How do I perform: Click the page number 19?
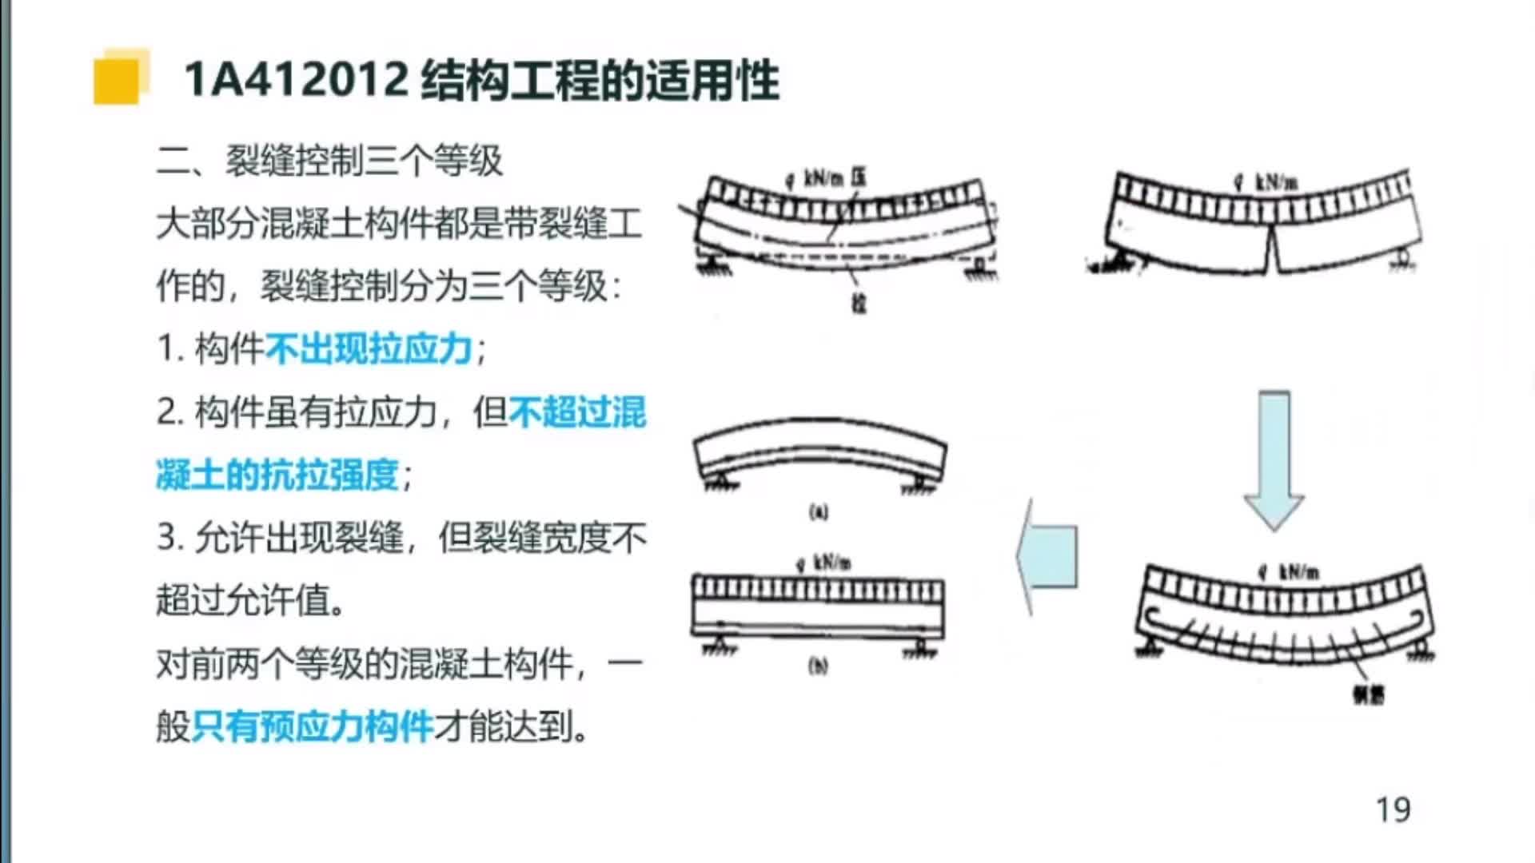[1393, 810]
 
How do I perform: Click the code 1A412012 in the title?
[296, 81]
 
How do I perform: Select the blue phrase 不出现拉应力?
[369, 350]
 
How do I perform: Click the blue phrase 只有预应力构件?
[313, 726]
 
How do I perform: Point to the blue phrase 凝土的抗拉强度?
[277, 475]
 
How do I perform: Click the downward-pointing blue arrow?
[1274, 459]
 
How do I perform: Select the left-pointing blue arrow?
[1047, 556]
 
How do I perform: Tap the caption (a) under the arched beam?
[819, 512]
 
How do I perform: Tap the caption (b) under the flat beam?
[818, 666]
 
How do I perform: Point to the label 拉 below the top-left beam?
[859, 304]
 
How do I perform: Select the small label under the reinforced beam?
[1368, 696]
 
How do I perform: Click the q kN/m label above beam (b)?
[823, 563]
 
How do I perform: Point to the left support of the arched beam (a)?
[717, 482]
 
